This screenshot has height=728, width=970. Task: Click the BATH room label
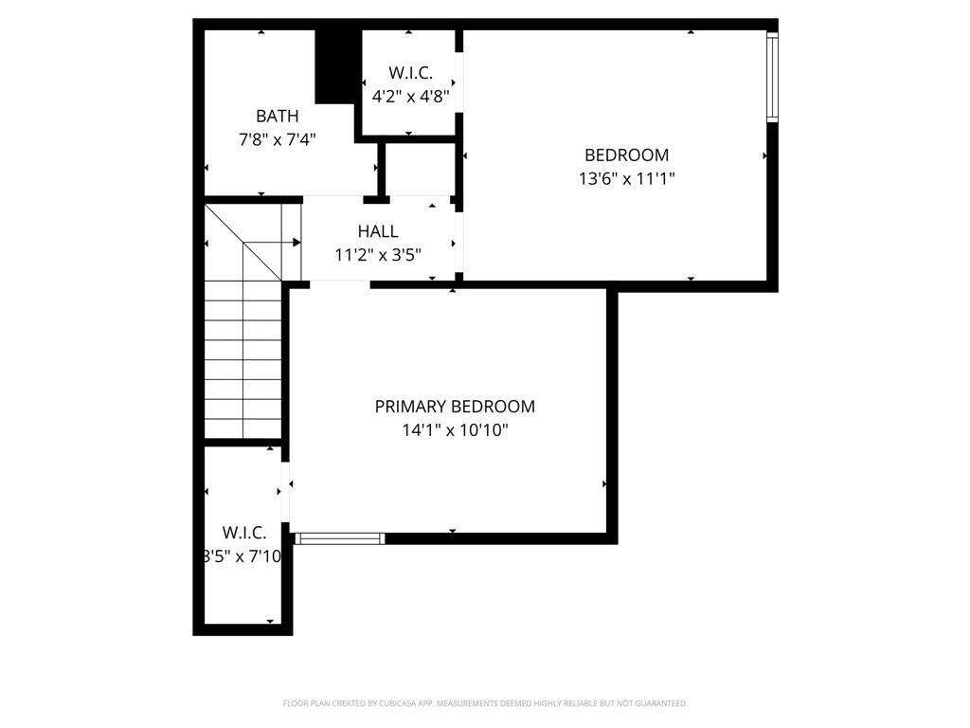tap(277, 116)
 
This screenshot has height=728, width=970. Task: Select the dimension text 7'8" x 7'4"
tap(277, 138)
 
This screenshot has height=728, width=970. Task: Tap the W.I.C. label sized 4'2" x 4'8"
tap(410, 72)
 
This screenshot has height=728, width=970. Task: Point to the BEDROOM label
tap(626, 155)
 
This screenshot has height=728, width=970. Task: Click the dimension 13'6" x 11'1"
tap(626, 177)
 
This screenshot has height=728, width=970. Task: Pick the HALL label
tap(378, 231)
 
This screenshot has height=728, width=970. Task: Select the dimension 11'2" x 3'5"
tap(378, 254)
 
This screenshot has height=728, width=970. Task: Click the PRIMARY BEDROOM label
tap(455, 407)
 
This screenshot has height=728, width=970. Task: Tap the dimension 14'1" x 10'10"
tap(455, 429)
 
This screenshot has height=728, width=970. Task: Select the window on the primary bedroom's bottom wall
tap(339, 538)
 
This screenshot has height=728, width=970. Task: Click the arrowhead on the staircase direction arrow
tap(296, 243)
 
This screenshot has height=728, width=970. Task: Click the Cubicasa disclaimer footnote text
tap(485, 703)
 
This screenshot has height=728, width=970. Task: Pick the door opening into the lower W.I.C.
tap(286, 491)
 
